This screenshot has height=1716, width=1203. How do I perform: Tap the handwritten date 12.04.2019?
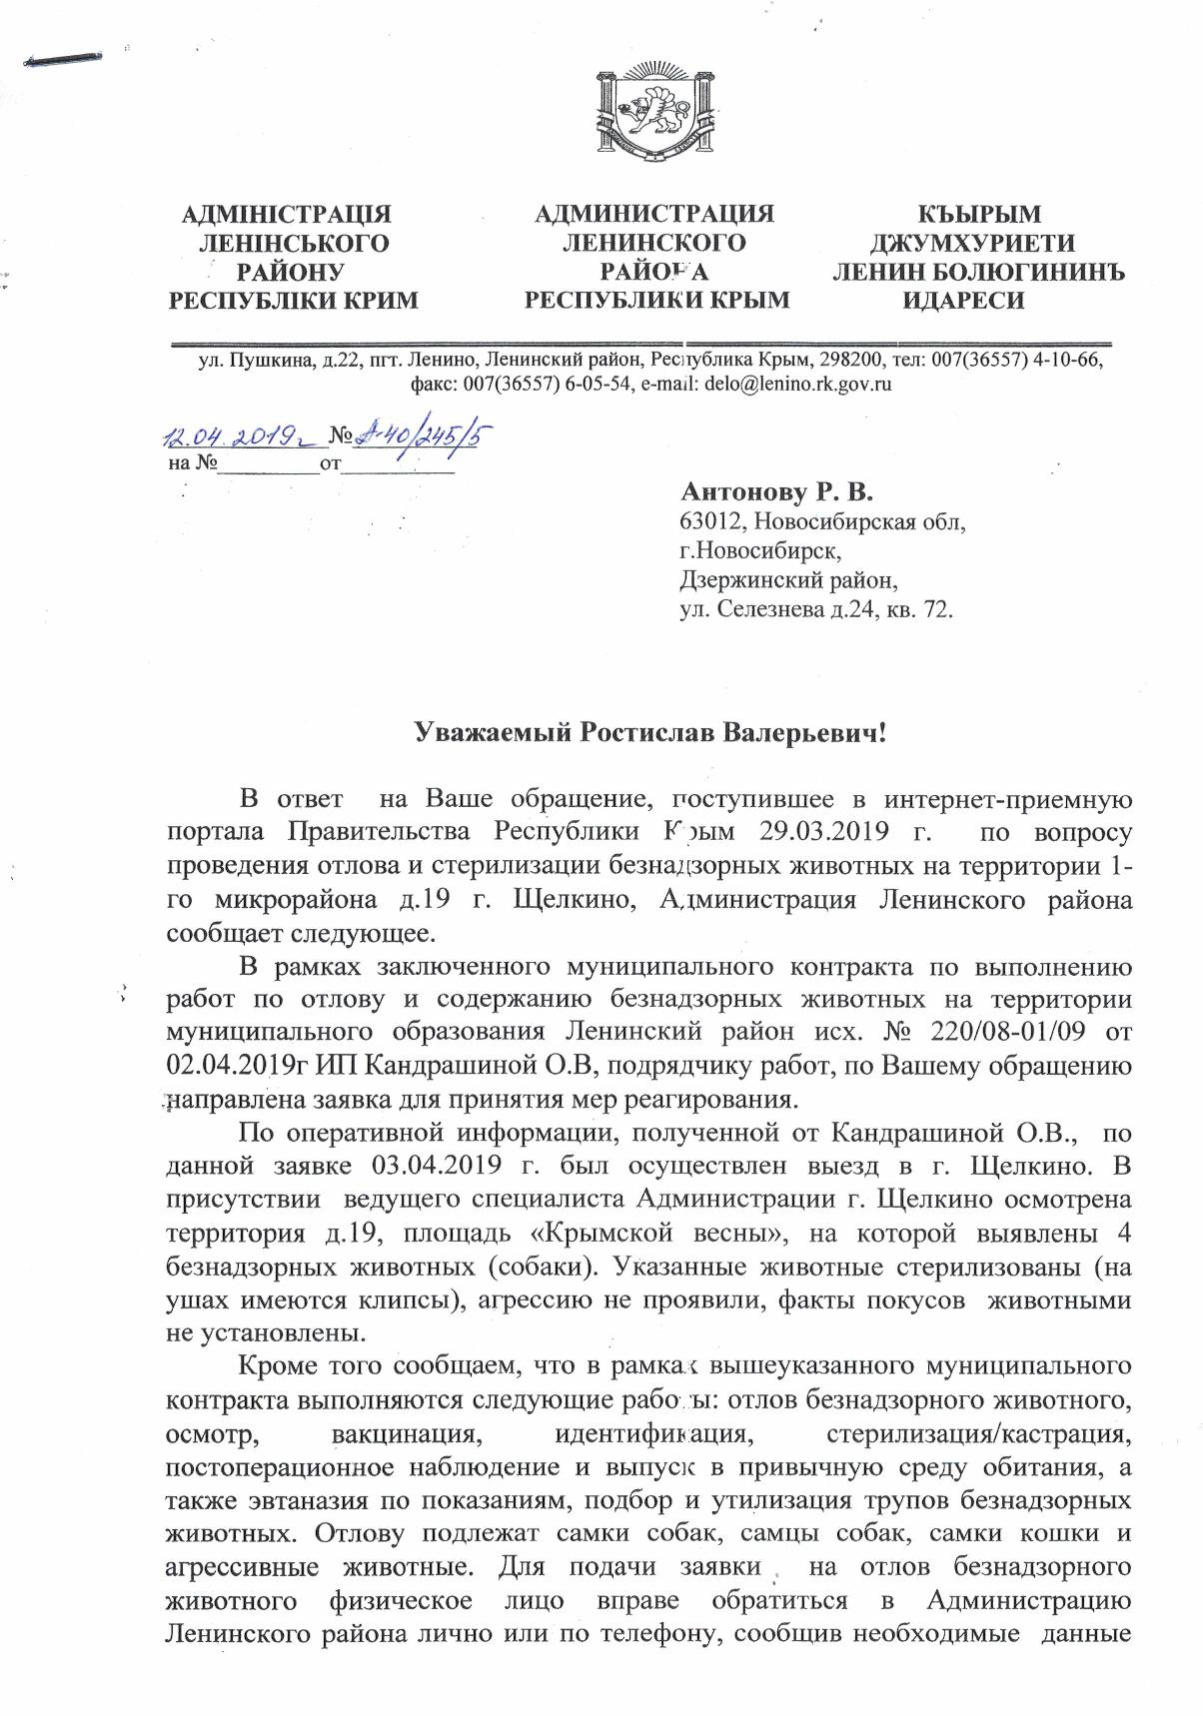237,437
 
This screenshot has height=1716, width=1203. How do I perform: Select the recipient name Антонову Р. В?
776,491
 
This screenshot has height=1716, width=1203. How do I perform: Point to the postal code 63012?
711,521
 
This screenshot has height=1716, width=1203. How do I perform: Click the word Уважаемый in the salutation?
493,734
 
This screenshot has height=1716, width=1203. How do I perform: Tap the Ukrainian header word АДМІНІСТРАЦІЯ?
286,215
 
